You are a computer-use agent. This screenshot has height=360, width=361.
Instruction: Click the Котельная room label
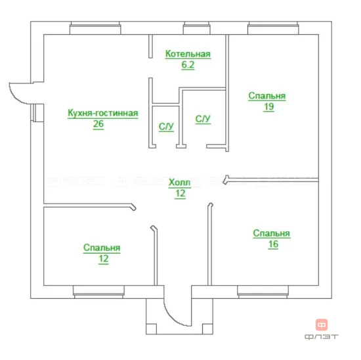coord(188,54)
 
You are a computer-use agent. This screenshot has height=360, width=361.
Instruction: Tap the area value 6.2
coord(188,65)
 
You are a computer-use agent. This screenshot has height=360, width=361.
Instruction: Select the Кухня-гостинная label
coord(103,113)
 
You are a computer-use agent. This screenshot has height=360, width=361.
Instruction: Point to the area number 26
coord(98,124)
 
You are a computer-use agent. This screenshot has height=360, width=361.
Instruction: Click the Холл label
coord(180,183)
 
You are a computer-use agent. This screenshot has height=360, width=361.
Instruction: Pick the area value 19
coord(268,106)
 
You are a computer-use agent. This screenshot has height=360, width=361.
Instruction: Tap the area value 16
coord(273,244)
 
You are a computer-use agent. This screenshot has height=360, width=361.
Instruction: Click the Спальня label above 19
coord(267,96)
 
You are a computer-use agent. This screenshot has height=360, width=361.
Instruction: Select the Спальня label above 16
coord(272,233)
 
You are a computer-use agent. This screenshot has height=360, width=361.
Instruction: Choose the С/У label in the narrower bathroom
coord(166,127)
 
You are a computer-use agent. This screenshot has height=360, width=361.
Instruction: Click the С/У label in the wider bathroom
coord(203,119)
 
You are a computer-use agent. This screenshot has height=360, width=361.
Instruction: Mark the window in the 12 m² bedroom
coord(98,292)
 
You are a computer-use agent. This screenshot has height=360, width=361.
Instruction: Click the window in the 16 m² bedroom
coord(263,292)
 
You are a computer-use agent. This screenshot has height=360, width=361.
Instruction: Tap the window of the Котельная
coord(197,28)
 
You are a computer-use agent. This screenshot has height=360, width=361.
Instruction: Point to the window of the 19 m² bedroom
coord(273,28)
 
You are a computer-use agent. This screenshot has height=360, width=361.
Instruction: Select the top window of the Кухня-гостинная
coord(95,28)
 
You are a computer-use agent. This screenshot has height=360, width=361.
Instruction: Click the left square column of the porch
coord(152,329)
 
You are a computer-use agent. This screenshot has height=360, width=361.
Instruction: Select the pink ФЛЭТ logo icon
coord(322,325)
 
